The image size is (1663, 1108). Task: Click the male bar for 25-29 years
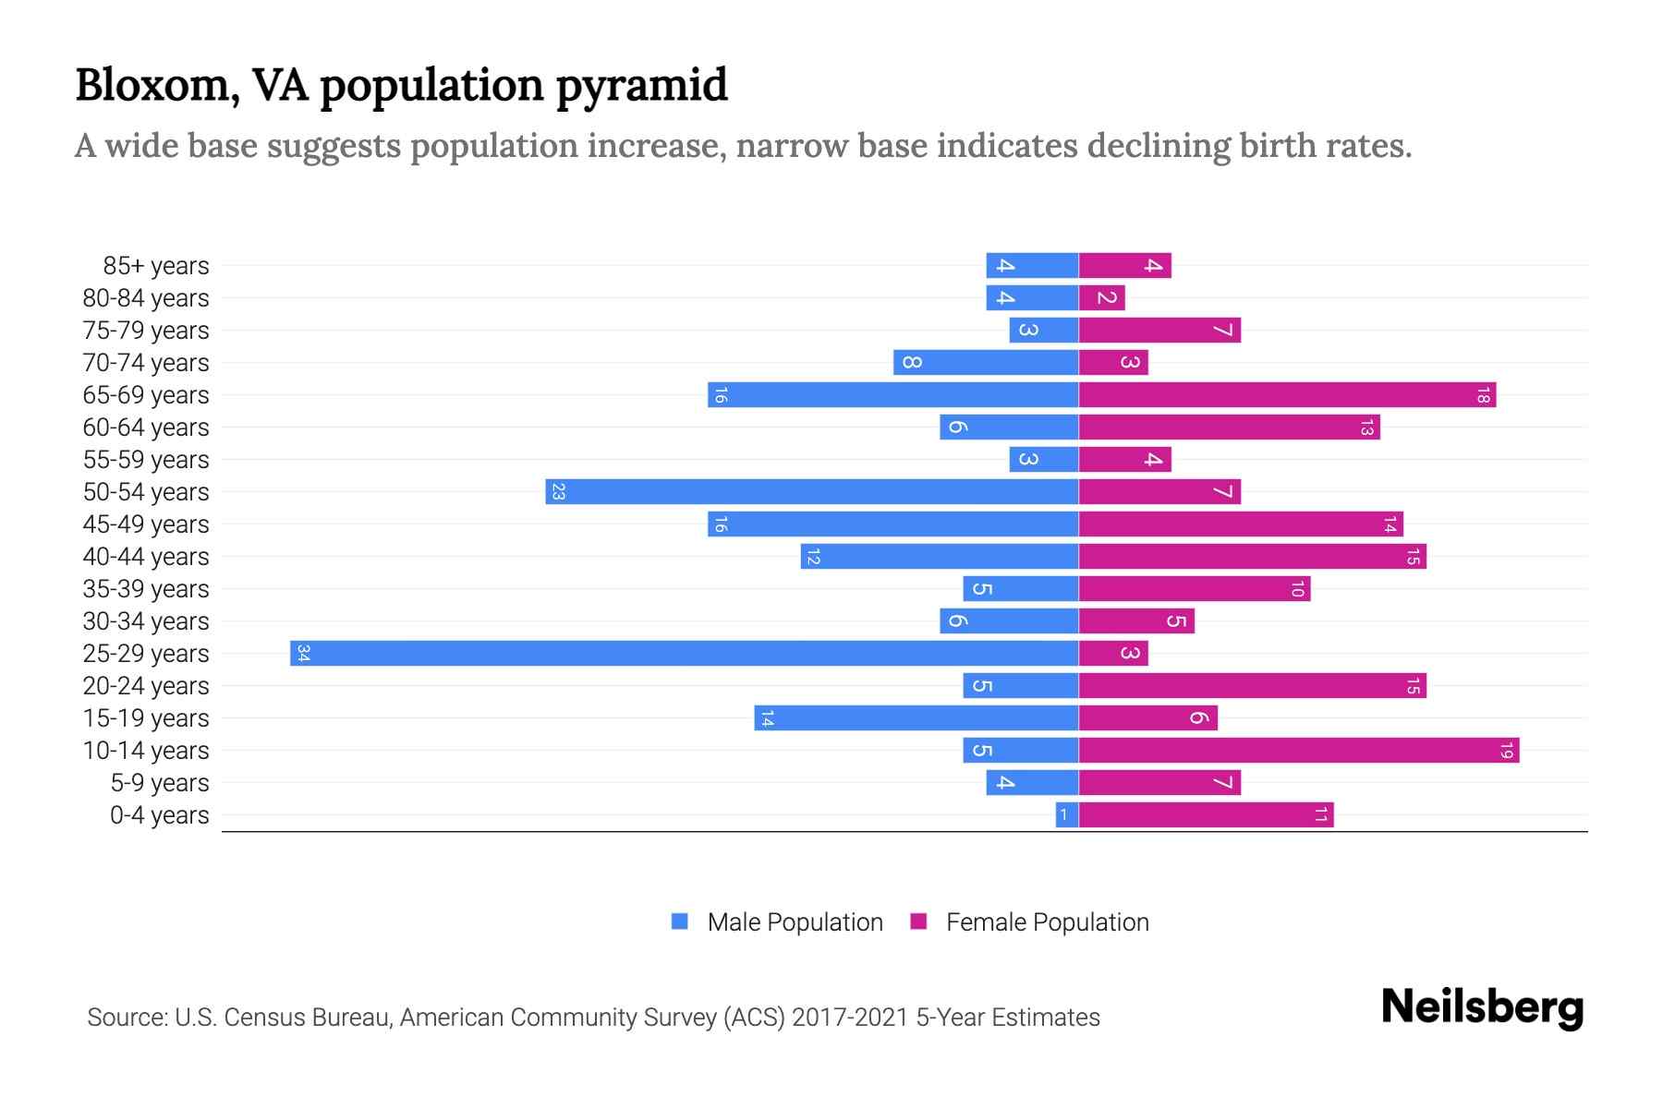click(684, 653)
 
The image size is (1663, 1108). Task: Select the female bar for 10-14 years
click(1298, 750)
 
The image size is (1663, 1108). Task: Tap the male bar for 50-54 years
click(811, 491)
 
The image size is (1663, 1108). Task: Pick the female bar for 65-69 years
click(1287, 394)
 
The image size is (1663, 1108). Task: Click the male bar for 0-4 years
click(1067, 814)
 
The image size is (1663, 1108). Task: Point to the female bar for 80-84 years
click(1101, 297)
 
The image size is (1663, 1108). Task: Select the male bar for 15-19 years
click(916, 717)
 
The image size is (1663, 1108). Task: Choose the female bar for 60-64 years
click(1229, 427)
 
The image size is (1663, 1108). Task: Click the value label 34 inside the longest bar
click(303, 654)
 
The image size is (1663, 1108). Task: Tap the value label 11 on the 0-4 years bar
click(1321, 814)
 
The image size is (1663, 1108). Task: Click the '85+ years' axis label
click(156, 266)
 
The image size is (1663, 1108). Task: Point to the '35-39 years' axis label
click(146, 589)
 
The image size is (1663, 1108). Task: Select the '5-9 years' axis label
click(160, 783)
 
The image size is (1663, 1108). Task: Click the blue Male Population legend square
click(680, 921)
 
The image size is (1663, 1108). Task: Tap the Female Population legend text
click(1047, 922)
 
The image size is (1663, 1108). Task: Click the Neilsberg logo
click(1482, 1007)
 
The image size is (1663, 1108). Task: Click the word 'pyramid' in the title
click(641, 87)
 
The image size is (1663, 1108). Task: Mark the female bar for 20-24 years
click(1252, 685)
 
